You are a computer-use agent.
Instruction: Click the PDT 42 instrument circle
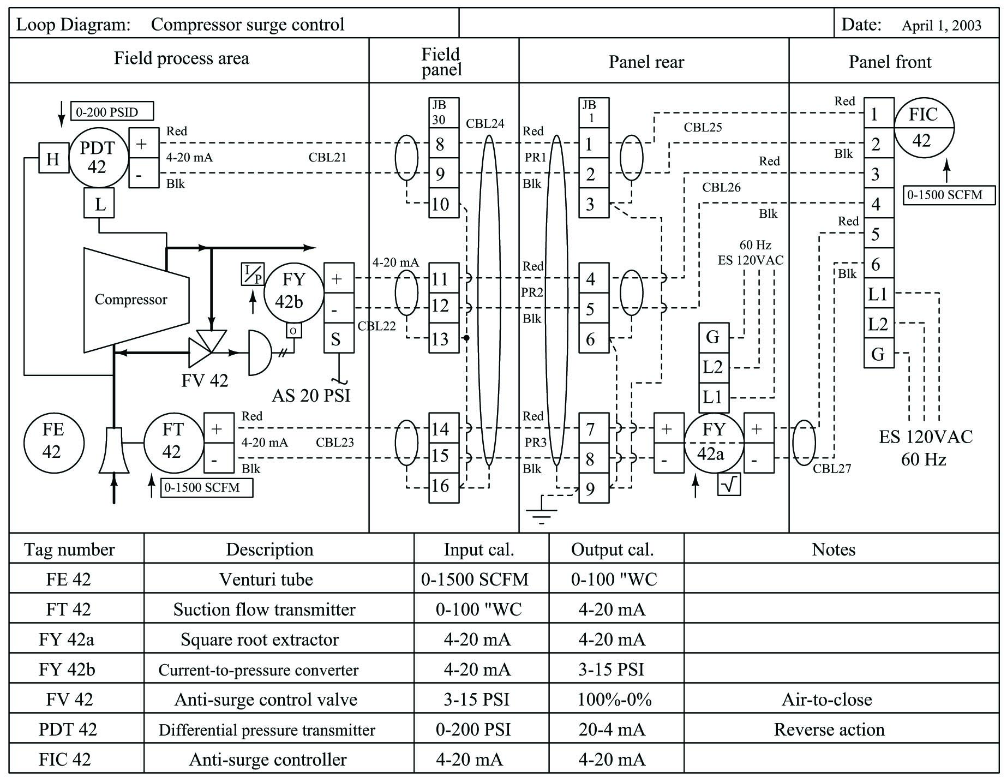pyautogui.click(x=98, y=158)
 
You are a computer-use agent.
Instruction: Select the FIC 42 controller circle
pyautogui.click(x=924, y=128)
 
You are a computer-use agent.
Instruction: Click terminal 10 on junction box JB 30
pyautogui.click(x=443, y=204)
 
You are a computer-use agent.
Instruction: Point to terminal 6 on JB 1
pyautogui.click(x=593, y=339)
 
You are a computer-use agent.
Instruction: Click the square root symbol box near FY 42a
pyautogui.click(x=729, y=484)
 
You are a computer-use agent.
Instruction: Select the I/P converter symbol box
pyautogui.click(x=253, y=274)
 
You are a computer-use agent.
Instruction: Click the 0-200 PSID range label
pyautogui.click(x=112, y=112)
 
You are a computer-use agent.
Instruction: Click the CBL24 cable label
pyautogui.click(x=485, y=124)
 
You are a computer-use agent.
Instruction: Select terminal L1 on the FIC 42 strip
pyautogui.click(x=878, y=295)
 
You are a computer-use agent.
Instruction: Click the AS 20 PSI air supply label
pyautogui.click(x=310, y=396)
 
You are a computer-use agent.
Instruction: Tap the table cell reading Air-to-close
pyautogui.click(x=826, y=700)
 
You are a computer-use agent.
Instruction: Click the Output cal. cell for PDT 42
pyautogui.click(x=612, y=730)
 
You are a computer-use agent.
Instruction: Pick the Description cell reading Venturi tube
pyautogui.click(x=266, y=580)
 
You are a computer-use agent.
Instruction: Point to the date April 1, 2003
pyautogui.click(x=941, y=26)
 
